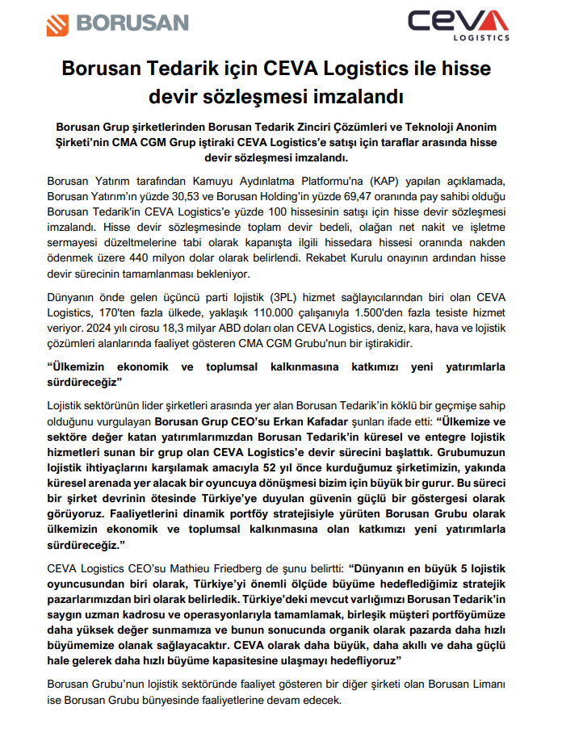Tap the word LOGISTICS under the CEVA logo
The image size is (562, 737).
pyautogui.click(x=481, y=37)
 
